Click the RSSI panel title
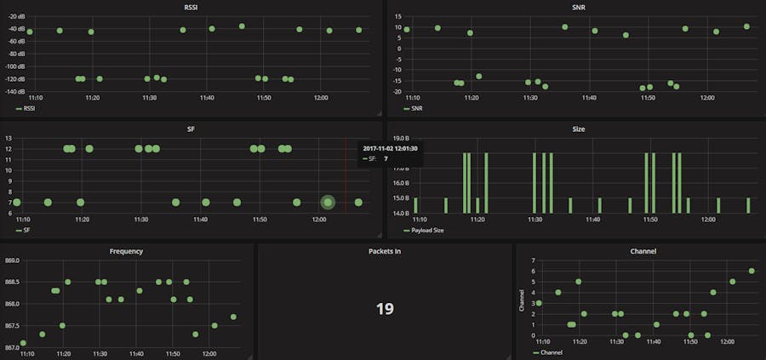(x=192, y=7)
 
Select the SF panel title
(x=192, y=129)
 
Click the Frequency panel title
(x=127, y=251)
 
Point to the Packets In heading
(x=385, y=251)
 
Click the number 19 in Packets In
(x=385, y=308)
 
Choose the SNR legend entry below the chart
(x=416, y=109)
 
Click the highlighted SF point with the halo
(x=328, y=203)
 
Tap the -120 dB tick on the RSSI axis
(x=15, y=79)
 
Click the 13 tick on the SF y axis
(x=8, y=138)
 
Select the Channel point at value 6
(x=752, y=271)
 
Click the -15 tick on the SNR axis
(x=397, y=81)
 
